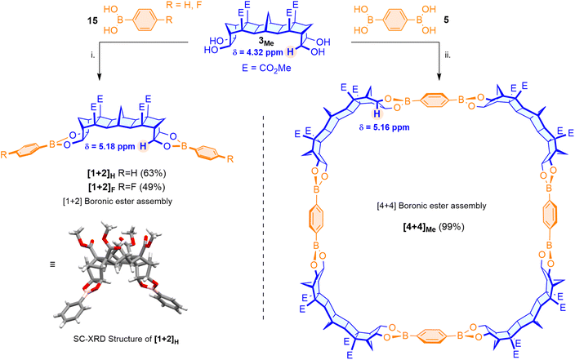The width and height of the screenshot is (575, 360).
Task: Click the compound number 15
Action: [93, 21]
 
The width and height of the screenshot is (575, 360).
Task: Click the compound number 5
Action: [446, 20]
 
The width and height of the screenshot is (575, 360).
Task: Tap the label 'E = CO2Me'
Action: [266, 69]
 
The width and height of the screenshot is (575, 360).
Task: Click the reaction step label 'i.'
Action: [93, 55]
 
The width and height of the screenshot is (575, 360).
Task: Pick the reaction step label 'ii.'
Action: [448, 56]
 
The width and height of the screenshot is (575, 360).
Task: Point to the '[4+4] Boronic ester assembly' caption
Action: [432, 206]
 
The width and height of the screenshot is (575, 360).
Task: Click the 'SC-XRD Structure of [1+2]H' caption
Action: [126, 339]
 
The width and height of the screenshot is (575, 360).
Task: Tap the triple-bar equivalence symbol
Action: [52, 264]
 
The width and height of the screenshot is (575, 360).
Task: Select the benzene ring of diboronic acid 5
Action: [395, 20]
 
